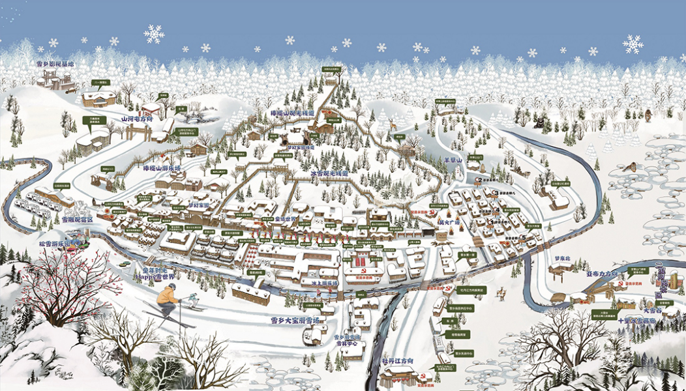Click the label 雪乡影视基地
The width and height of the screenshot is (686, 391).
(55, 65)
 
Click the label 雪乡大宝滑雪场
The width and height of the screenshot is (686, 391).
(295, 321)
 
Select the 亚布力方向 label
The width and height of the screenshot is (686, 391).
(601, 274)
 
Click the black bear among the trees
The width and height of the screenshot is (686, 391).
(540, 122)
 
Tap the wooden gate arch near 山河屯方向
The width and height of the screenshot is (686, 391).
(138, 132)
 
